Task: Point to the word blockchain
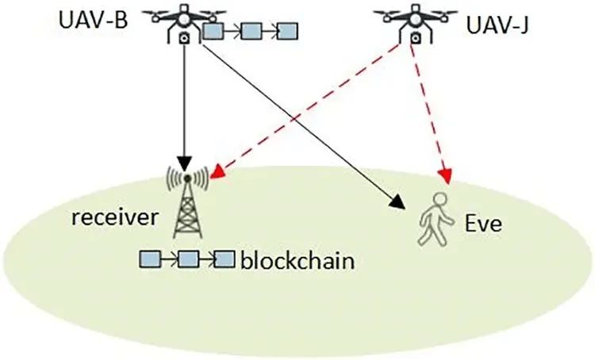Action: pyautogui.click(x=296, y=260)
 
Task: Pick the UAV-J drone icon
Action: pyautogui.click(x=411, y=21)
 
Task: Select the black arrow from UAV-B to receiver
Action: pyautogui.click(x=184, y=103)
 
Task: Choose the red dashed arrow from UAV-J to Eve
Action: pyautogui.click(x=427, y=111)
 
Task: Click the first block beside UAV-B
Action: pyautogui.click(x=213, y=32)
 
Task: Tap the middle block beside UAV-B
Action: pyautogui.click(x=251, y=32)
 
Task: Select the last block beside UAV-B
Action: pyautogui.click(x=286, y=32)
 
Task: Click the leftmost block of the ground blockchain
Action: pyautogui.click(x=149, y=258)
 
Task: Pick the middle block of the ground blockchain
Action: pyautogui.click(x=187, y=259)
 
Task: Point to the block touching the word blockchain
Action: pyautogui.click(x=225, y=259)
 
